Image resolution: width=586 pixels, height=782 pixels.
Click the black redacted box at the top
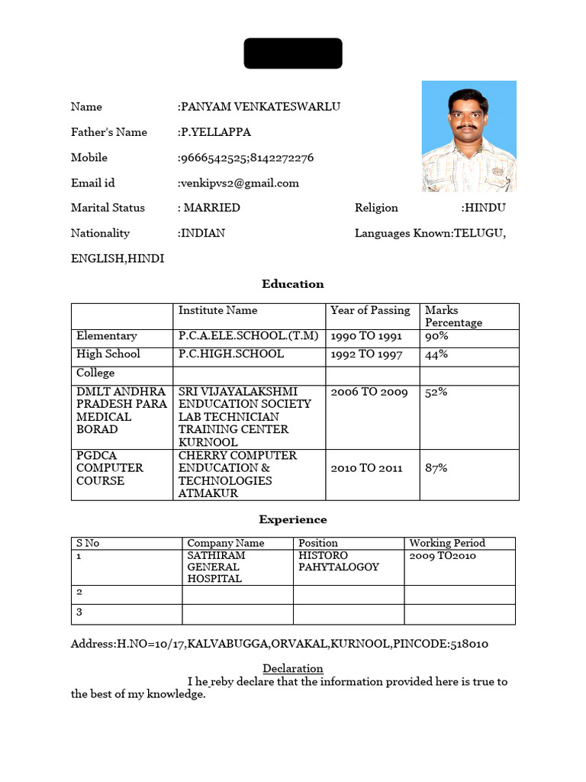tap(292, 53)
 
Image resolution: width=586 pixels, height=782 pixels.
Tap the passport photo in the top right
tap(468, 136)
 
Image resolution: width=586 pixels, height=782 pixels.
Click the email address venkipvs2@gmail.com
tap(240, 183)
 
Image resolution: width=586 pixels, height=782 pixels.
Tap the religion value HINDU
tap(485, 208)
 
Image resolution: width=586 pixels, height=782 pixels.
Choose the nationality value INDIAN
tap(202, 234)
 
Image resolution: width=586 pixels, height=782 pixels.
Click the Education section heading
tap(292, 284)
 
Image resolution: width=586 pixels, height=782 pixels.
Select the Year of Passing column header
tap(370, 311)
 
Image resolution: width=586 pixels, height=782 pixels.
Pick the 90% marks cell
tap(436, 336)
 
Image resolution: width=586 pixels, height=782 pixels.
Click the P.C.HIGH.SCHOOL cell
tap(231, 354)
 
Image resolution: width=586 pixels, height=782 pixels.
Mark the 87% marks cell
tap(436, 468)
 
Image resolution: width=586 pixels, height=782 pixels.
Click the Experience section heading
tap(292, 520)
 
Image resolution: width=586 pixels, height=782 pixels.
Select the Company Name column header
tap(226, 544)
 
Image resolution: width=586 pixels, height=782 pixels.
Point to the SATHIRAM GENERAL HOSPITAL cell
tap(215, 567)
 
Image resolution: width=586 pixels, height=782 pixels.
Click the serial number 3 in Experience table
tap(79, 612)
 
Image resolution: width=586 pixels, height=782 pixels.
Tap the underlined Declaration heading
tap(293, 669)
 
